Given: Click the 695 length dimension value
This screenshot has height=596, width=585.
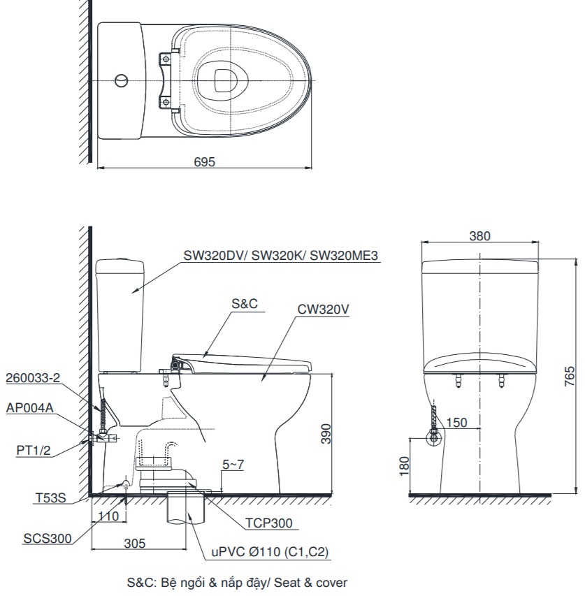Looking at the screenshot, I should [205, 161].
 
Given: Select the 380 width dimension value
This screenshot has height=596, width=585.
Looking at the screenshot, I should [479, 236].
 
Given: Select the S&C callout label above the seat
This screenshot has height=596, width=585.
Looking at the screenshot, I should [245, 304].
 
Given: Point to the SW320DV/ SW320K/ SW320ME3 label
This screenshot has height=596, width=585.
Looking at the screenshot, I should [280, 256].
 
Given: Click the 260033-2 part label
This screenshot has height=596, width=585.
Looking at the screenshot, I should [34, 378].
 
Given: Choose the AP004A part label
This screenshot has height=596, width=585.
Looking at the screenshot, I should [29, 409].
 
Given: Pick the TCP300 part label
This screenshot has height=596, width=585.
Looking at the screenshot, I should [268, 523].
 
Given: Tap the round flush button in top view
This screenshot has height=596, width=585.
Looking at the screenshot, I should [121, 80].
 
